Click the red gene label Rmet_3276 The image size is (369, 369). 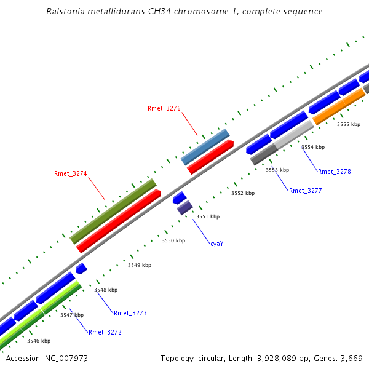[x=164, y=108]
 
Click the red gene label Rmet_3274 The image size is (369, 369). [x=71, y=173]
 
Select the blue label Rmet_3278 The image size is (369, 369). [x=334, y=172]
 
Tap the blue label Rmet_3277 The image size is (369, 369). [x=305, y=191]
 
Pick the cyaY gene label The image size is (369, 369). [x=216, y=244]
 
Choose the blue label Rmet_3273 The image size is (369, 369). [x=130, y=313]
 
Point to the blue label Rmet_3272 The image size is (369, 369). [x=105, y=332]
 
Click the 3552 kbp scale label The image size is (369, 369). [x=242, y=193]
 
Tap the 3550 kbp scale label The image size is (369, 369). [x=173, y=240]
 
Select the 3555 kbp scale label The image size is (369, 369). [x=348, y=124]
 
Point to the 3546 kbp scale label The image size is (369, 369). [x=39, y=340]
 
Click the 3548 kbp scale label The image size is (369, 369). [x=106, y=290]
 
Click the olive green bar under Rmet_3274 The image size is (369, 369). [x=113, y=211]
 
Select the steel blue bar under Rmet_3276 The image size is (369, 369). [x=205, y=147]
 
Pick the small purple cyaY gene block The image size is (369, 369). [x=184, y=208]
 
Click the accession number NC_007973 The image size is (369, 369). [x=69, y=358]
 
